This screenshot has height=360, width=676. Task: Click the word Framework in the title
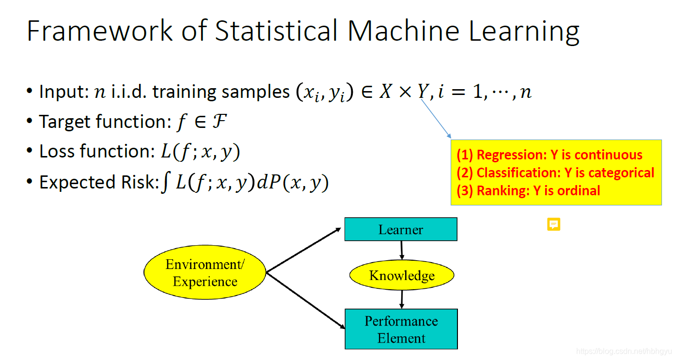[100, 31]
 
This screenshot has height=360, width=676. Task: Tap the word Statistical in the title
[276, 31]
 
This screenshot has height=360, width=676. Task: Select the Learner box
[400, 229]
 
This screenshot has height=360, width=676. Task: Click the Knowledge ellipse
[402, 276]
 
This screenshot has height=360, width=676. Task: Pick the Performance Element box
[401, 329]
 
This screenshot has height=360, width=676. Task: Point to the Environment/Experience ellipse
[205, 272]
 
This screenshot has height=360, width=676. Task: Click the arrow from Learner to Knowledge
[401, 250]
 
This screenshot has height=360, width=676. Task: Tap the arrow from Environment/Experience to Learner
[304, 250]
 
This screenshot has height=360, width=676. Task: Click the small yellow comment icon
[553, 224]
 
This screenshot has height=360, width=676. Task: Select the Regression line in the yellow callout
[549, 155]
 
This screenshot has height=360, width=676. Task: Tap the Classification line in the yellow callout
[555, 172]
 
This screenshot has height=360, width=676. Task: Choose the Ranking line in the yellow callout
[528, 190]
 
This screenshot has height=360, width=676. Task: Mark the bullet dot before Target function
[30, 122]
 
